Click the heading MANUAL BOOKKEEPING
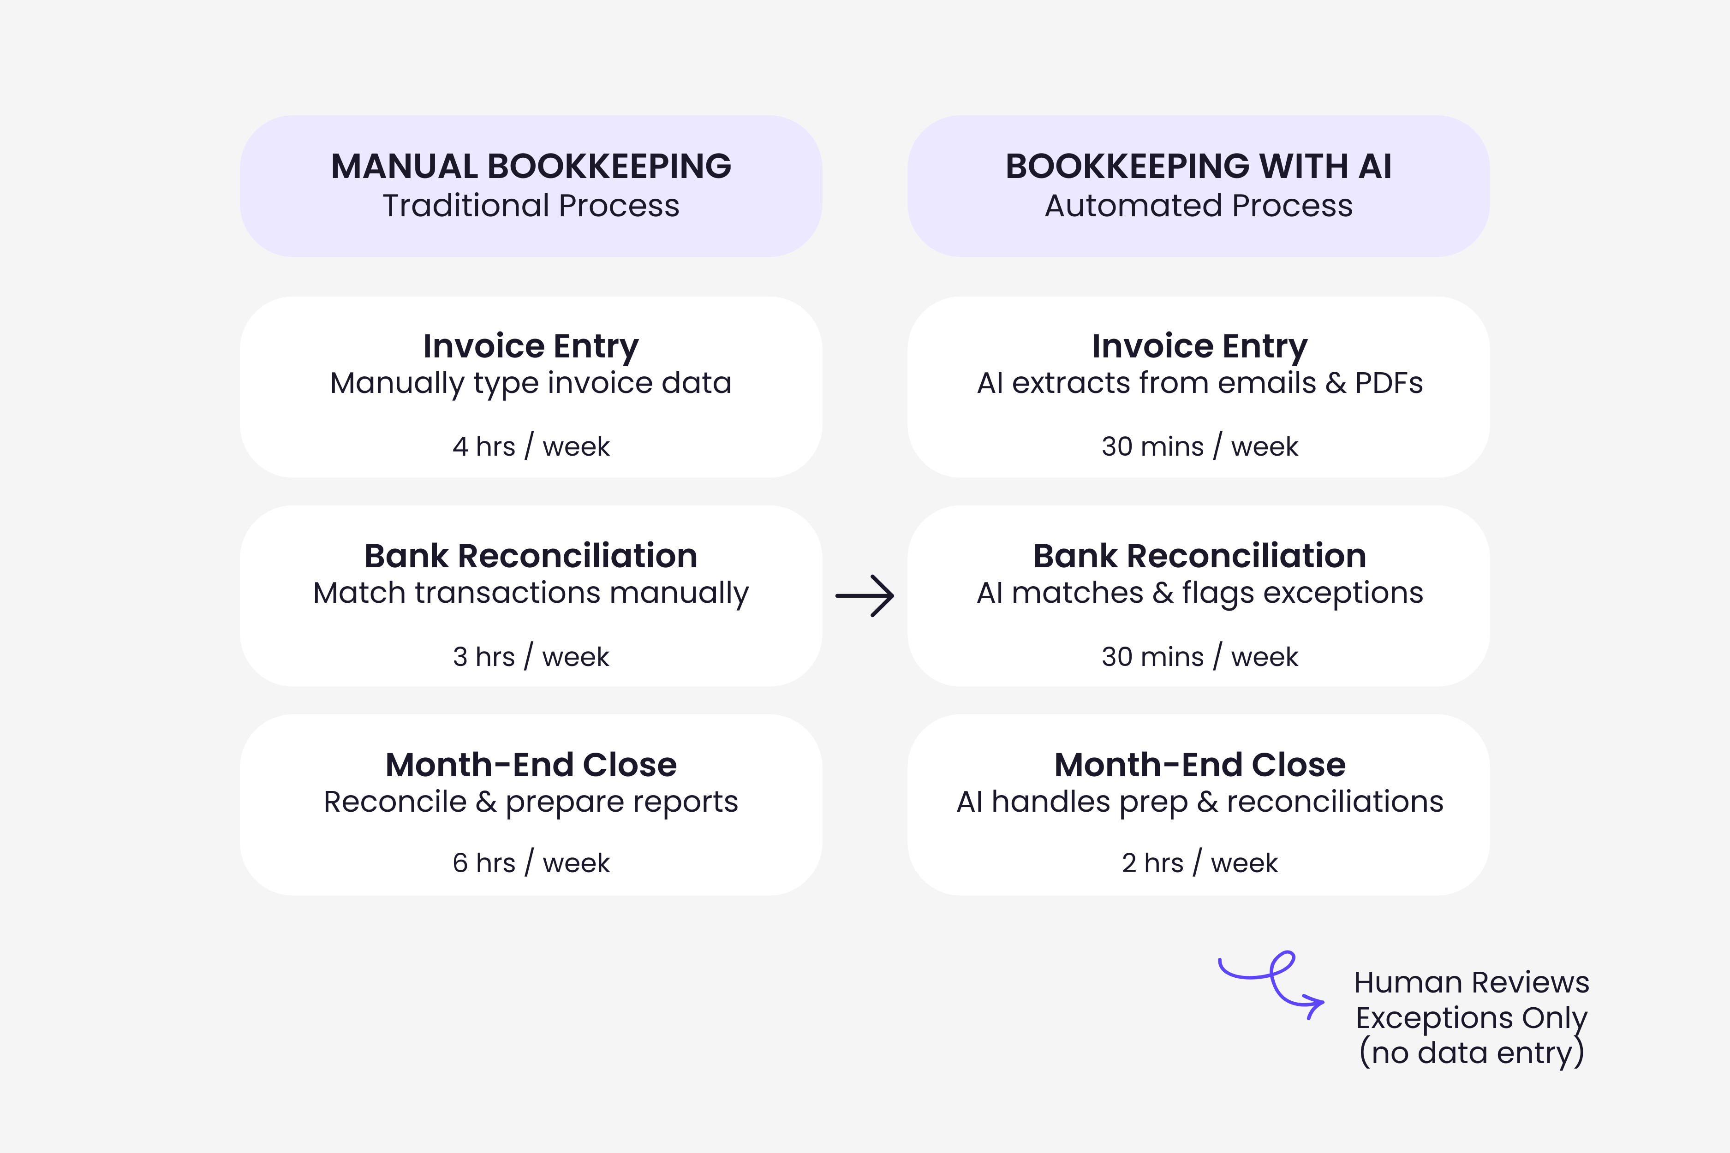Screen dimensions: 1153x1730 (531, 166)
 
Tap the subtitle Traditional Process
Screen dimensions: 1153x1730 (531, 206)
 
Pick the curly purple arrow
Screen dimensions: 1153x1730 (1272, 984)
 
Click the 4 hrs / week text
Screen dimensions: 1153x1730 (531, 446)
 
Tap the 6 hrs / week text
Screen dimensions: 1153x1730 (531, 862)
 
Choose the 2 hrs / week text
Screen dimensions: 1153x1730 (1199, 862)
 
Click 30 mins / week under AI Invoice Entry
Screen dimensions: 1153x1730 (1199, 446)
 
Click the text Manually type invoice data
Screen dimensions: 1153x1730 (531, 383)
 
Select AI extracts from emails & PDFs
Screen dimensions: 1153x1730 (1199, 383)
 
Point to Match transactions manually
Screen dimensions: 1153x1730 (531, 593)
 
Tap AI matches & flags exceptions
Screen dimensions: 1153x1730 (1199, 593)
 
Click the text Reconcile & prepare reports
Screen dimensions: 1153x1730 (531, 802)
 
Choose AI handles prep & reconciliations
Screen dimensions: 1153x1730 (1199, 802)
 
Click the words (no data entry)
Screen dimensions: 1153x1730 (1471, 1052)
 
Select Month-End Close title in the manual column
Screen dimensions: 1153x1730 (531, 765)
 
